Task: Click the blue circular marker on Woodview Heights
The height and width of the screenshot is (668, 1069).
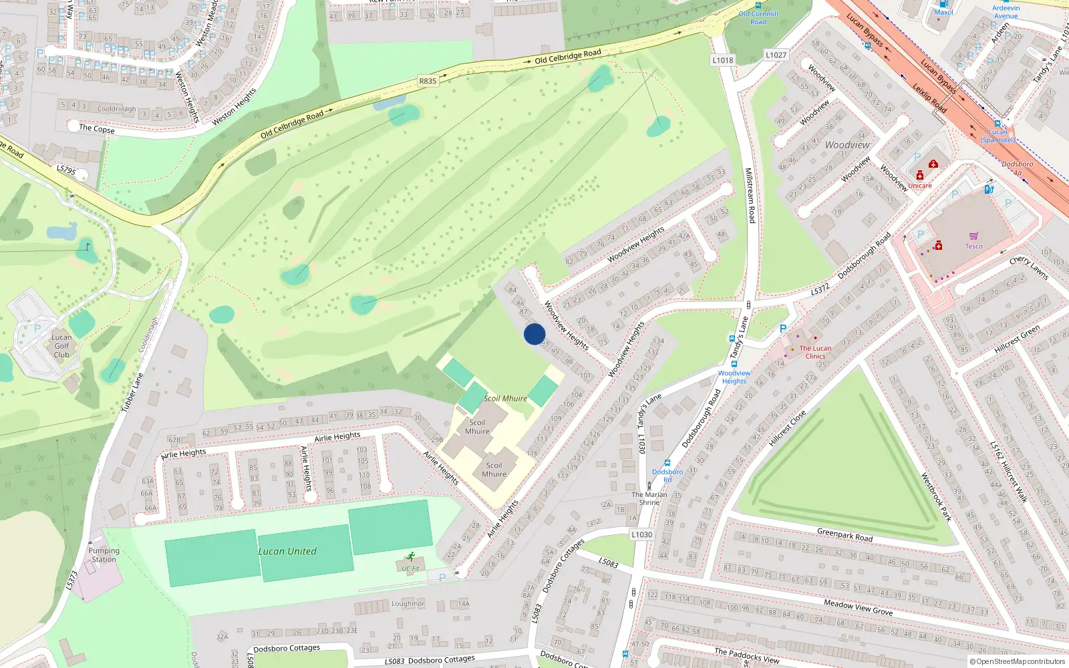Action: (534, 334)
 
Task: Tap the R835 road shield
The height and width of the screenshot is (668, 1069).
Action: (428, 81)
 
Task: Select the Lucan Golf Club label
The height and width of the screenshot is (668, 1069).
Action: (61, 346)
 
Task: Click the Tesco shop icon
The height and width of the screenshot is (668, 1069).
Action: (973, 236)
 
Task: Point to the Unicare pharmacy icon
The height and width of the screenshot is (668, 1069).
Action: (920, 176)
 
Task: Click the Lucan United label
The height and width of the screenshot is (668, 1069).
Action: (287, 551)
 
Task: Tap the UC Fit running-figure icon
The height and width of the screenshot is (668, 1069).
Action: (410, 557)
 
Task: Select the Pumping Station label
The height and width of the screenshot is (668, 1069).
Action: (104, 555)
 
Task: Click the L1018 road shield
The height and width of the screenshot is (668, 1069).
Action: (723, 60)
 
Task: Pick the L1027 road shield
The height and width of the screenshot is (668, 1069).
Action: (776, 55)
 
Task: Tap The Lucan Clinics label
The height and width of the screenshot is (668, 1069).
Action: (815, 352)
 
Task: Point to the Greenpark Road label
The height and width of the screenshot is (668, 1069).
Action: (845, 534)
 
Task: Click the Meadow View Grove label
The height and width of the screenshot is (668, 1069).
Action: (858, 607)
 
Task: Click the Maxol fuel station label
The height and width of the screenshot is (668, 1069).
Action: (943, 12)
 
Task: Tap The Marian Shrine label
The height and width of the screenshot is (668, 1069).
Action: (649, 498)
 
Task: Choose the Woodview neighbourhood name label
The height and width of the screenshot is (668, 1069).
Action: (847, 145)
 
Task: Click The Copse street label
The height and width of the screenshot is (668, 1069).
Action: (97, 128)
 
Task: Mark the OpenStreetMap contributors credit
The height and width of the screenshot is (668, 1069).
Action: (1018, 661)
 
